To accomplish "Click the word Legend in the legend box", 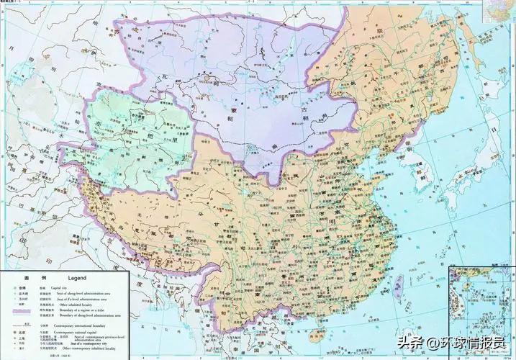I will [x=77, y=277].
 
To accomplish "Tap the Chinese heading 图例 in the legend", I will [x=32, y=277].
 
